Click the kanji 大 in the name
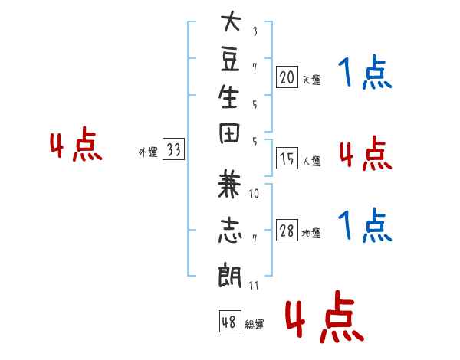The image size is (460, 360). pos(231,21)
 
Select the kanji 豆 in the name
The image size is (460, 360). pos(230,60)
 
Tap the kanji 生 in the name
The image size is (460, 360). pos(228,97)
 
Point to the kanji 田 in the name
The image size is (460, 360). pos(229,133)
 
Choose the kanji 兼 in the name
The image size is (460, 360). pos(229,185)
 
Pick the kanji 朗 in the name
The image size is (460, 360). pos(230,275)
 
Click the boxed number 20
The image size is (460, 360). pos(287,77)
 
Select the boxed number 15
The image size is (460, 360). pos(287,159)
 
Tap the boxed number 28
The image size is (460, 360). pos(287,230)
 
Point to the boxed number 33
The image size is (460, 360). pos(173,149)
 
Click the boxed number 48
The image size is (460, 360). pos(230,321)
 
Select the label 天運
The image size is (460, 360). pos(312,80)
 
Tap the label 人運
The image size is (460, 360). pos(312,161)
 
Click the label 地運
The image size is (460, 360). pos(311,233)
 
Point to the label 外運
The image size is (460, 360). pos(148,152)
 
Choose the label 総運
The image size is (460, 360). pos(255,324)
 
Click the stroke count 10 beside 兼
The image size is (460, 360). pos(254,194)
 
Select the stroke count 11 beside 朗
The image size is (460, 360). pos(254,285)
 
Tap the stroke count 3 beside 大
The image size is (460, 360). pos(255,31)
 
